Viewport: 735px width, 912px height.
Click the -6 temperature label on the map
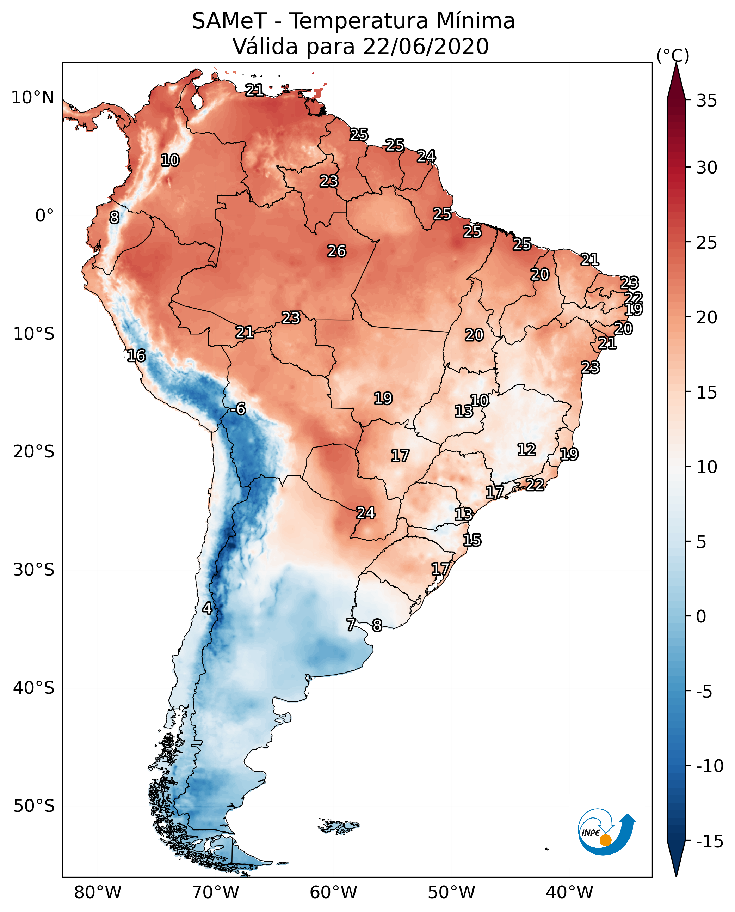pyautogui.click(x=239, y=409)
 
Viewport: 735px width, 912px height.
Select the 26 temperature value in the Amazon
pyautogui.click(x=337, y=251)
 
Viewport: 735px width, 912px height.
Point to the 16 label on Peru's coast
pyautogui.click(x=136, y=355)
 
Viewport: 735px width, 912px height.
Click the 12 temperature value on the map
pyautogui.click(x=527, y=450)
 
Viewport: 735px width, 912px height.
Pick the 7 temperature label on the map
pyautogui.click(x=351, y=625)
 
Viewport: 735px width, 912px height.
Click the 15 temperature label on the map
pyautogui.click(x=472, y=540)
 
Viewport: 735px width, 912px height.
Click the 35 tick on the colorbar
pyautogui.click(x=706, y=101)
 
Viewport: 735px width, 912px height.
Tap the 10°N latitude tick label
pyautogui.click(x=33, y=98)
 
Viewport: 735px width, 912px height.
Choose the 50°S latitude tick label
pyautogui.click(x=34, y=806)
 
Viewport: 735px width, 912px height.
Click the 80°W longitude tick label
pyautogui.click(x=98, y=893)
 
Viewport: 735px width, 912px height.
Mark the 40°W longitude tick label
pyautogui.click(x=569, y=893)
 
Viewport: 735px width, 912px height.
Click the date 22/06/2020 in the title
pyautogui.click(x=426, y=46)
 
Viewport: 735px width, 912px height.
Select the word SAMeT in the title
pyautogui.click(x=229, y=21)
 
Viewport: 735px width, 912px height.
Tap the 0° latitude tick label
pyautogui.click(x=44, y=216)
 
